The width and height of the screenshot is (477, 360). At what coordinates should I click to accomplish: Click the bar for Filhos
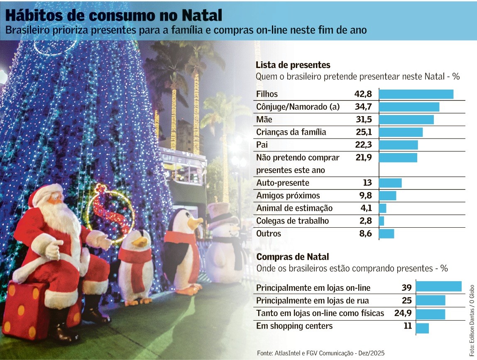pos(416,94)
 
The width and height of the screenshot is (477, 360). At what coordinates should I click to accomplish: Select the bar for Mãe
pos(406,120)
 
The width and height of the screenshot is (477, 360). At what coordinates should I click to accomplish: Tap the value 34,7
pos(363,107)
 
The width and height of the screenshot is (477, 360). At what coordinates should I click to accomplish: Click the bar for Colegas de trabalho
pos(382,221)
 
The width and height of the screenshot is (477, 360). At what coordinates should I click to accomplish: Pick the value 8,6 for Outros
pos(364,234)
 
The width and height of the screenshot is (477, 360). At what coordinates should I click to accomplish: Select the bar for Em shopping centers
pos(422,328)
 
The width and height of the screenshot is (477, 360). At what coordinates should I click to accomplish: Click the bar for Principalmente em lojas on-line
pos(438,287)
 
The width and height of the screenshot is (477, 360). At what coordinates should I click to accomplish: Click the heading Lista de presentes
pos(293,65)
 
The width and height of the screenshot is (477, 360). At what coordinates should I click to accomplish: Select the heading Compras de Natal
pos(293,257)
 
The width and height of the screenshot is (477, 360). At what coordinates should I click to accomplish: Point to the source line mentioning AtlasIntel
pos(320,353)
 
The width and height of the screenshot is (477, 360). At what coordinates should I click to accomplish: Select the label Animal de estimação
pos(294,208)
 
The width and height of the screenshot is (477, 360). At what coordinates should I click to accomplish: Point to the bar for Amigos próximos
pos(388,196)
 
